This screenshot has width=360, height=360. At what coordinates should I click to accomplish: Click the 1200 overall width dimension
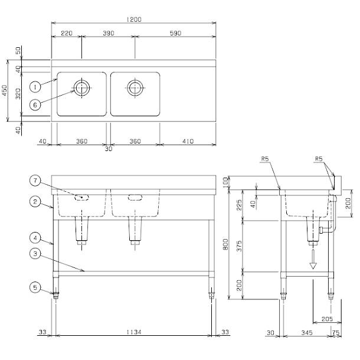[x=134, y=19]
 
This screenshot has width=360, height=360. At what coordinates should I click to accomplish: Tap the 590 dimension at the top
[x=175, y=33]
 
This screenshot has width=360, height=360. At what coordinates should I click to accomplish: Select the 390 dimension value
[x=109, y=33]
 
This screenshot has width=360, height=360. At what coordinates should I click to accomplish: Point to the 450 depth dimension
[x=5, y=90]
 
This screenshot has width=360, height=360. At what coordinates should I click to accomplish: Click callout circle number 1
[x=35, y=87]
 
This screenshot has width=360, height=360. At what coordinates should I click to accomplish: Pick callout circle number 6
[x=35, y=105]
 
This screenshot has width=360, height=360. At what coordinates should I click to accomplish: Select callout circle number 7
[x=35, y=181]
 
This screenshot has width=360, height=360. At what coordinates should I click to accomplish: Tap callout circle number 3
[x=35, y=254]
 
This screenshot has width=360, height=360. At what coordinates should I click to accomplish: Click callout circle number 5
[x=35, y=287]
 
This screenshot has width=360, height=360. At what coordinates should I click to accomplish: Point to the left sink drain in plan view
[x=81, y=88]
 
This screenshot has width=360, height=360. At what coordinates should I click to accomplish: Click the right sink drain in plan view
[x=135, y=88]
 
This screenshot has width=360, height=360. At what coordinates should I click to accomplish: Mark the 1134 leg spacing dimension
[x=134, y=332]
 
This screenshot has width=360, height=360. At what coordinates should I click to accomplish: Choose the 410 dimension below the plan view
[x=188, y=141]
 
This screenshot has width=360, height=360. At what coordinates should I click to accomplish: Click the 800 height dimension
[x=225, y=244]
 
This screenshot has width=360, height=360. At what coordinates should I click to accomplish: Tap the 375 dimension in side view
[x=239, y=246]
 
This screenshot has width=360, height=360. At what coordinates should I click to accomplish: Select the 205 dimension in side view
[x=327, y=319]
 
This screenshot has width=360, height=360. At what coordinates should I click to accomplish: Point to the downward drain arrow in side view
[x=313, y=259]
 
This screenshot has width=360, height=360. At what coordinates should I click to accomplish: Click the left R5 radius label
[x=265, y=159]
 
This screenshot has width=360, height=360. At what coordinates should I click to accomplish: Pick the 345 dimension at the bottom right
[x=307, y=333]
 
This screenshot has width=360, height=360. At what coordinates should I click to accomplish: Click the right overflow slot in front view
[x=135, y=198]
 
